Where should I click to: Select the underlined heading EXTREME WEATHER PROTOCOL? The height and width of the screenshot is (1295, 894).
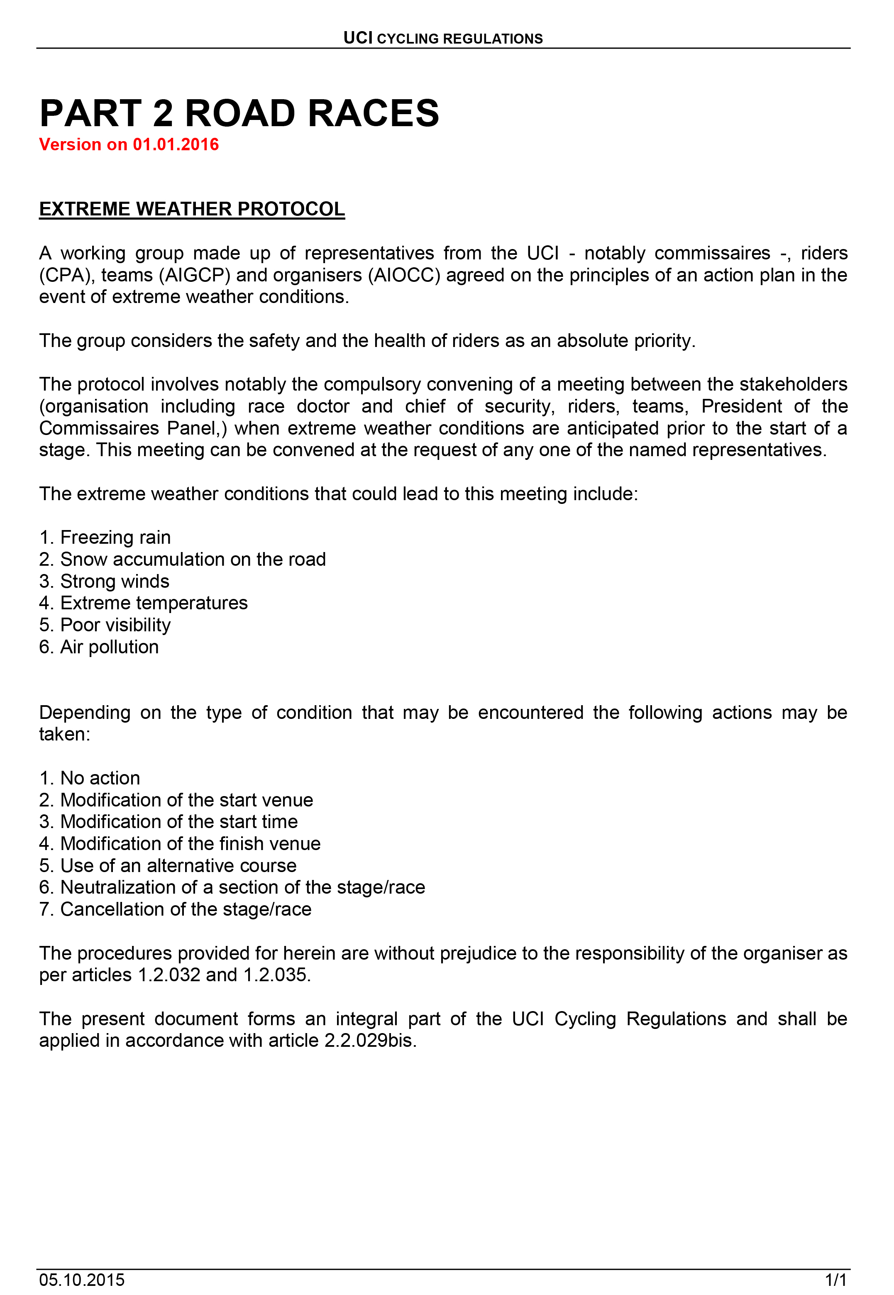(x=192, y=209)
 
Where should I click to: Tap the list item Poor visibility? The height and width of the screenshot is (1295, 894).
(x=115, y=625)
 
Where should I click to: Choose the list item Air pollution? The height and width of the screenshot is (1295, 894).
(x=109, y=647)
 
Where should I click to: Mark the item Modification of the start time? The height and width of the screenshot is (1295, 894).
(x=179, y=822)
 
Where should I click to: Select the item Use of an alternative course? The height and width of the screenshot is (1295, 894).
(x=178, y=865)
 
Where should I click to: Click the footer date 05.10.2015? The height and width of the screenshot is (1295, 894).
(x=82, y=1280)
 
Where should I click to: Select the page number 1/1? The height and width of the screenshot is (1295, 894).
(x=836, y=1280)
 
